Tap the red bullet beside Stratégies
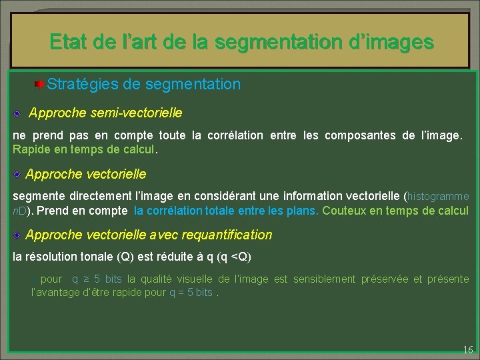coord(40,85)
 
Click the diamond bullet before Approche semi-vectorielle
coord(20,113)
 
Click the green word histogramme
coord(438,197)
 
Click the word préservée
coord(388,279)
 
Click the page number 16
coord(467,349)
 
